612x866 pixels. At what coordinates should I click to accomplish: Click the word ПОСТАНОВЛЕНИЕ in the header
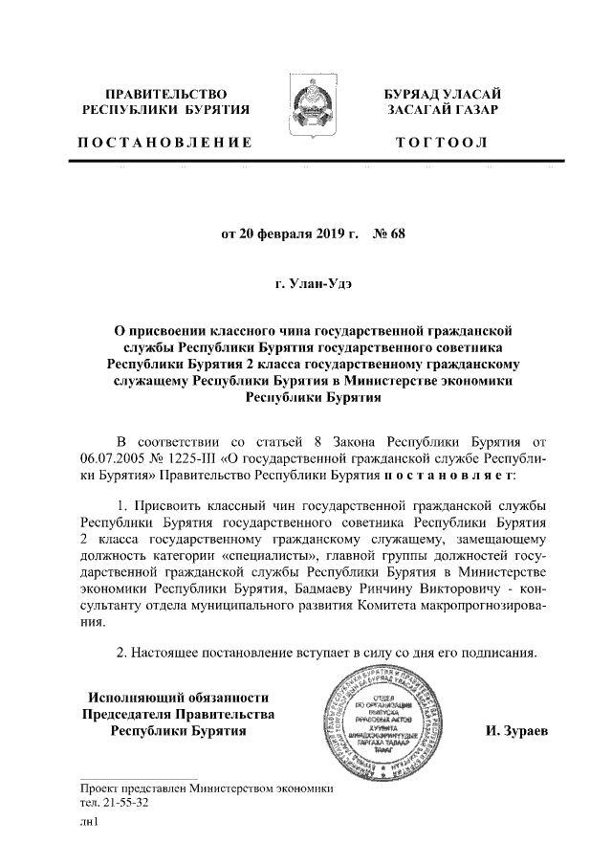[x=164, y=143]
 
